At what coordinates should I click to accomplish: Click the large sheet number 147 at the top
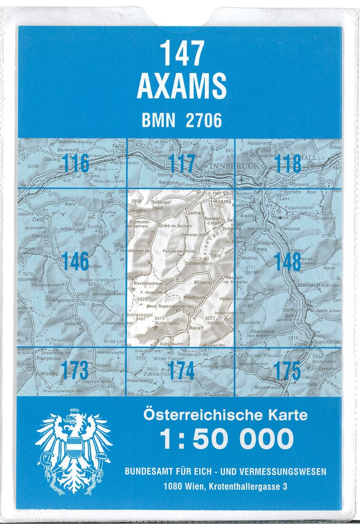(182, 52)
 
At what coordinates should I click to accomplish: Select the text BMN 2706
(181, 121)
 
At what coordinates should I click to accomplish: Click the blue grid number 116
(75, 164)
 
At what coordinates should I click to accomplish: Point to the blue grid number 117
(182, 164)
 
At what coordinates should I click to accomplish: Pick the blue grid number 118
(288, 164)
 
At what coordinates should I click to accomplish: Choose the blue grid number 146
(75, 262)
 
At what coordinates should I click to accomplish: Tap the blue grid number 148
(288, 262)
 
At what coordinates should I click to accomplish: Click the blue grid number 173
(75, 370)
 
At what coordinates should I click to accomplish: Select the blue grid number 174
(181, 370)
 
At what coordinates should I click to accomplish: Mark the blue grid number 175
(288, 370)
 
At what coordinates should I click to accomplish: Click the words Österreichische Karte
(225, 415)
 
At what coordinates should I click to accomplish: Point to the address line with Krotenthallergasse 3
(225, 486)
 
